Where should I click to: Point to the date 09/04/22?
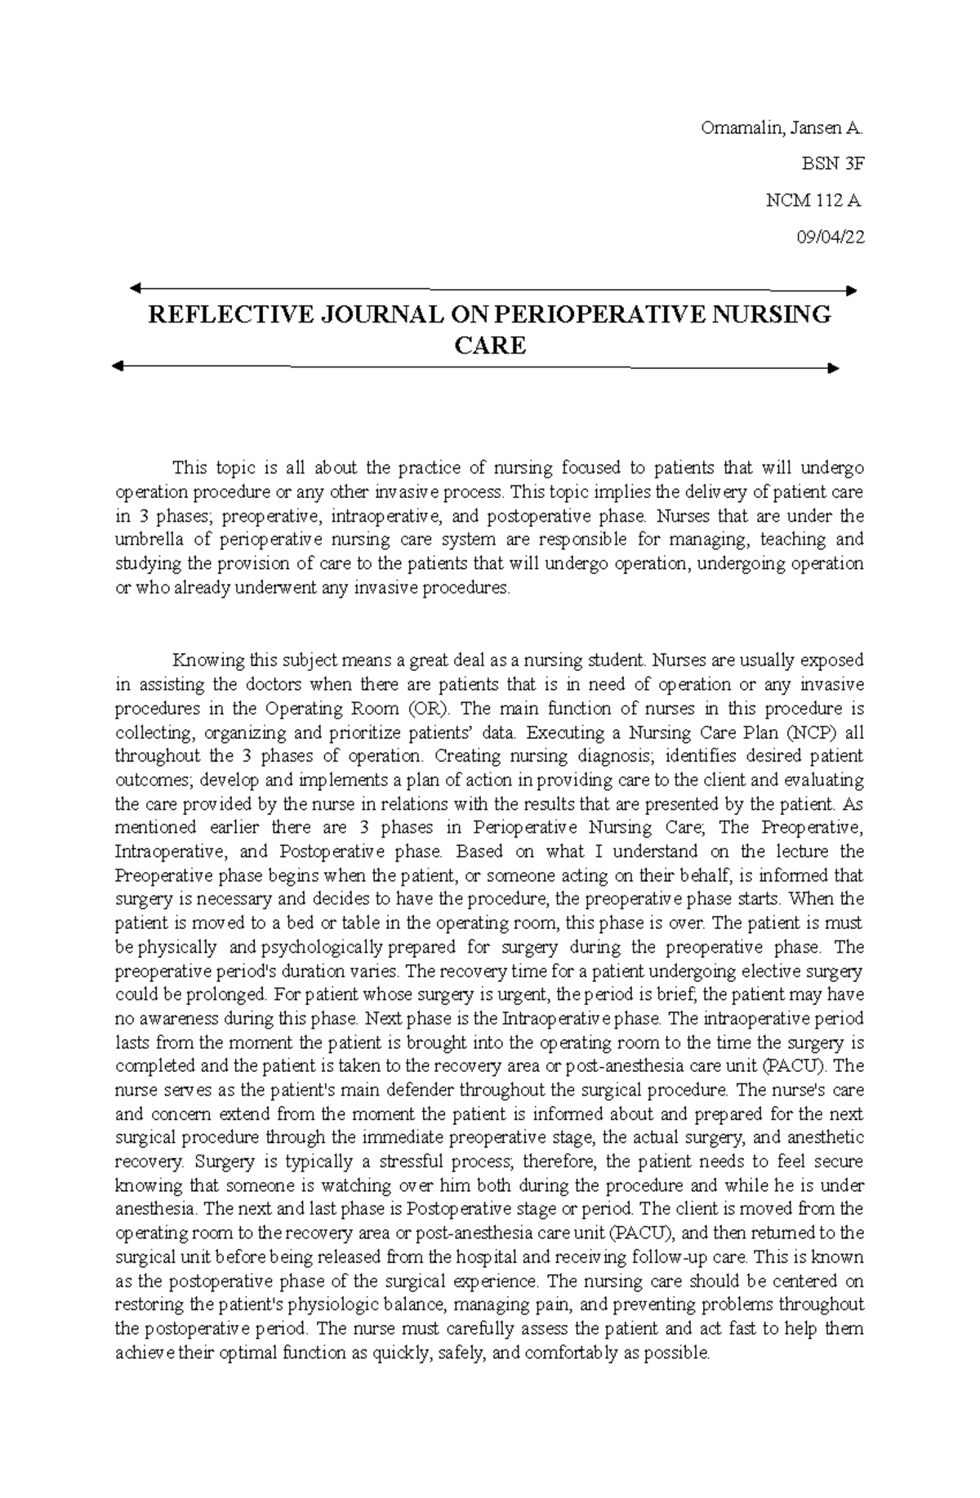830,237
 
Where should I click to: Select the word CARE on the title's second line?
490,346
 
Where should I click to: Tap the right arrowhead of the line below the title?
833,368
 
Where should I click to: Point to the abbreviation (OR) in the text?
430,708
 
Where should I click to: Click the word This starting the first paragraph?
189,468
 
